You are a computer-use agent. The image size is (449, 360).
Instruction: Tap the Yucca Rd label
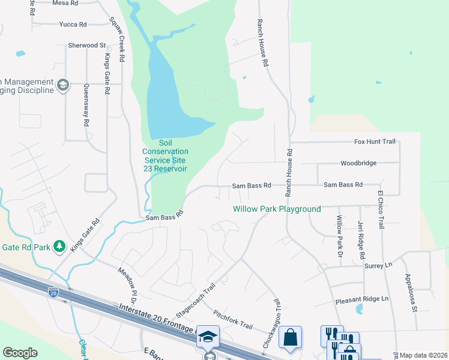coord(73,25)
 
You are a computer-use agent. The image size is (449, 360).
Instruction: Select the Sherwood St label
coord(87,45)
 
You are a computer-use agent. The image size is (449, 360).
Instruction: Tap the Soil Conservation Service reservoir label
coord(165,156)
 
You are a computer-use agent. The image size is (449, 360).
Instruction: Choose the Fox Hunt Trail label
coord(375,142)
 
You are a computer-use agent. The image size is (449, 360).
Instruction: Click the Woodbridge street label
coord(358,163)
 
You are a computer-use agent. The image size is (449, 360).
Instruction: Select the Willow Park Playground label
coord(277,209)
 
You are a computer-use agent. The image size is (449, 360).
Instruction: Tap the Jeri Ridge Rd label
coord(361,239)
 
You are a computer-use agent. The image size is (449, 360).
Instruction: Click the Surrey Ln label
coord(378,265)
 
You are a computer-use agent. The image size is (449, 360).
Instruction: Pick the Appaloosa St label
coord(411,293)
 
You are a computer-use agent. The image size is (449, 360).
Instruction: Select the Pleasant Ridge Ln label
coord(362,299)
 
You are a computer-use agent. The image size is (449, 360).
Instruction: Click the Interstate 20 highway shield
coord(53,292)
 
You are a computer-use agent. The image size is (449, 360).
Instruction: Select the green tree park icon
coord(59,246)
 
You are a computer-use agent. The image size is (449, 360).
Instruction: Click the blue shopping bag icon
coord(291,337)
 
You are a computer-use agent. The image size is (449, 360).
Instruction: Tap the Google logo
coord(20,353)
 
